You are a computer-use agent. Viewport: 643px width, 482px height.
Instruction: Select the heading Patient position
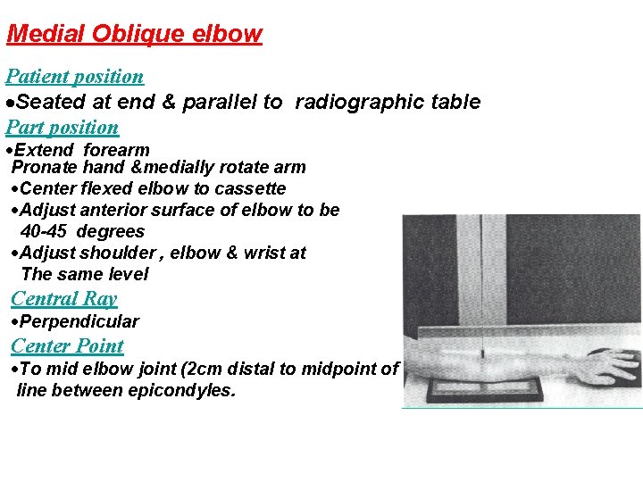pyautogui.click(x=74, y=77)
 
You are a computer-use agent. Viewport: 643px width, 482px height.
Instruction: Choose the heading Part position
pyautogui.click(x=62, y=127)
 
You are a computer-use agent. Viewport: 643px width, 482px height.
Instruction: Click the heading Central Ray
pyautogui.click(x=64, y=299)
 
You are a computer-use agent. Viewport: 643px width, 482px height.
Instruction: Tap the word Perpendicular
pyautogui.click(x=79, y=321)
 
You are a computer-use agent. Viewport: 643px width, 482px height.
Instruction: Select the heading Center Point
pyautogui.click(x=67, y=345)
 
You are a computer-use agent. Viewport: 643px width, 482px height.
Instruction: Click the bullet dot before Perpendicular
pyautogui.click(x=14, y=322)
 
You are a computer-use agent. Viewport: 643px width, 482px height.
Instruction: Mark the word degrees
pyautogui.click(x=111, y=231)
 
